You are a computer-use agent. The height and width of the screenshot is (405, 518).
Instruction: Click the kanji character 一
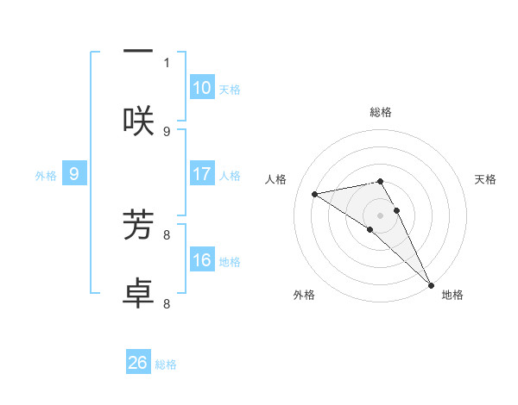(x=138, y=52)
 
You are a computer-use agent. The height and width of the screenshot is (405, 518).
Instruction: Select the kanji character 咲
(x=138, y=120)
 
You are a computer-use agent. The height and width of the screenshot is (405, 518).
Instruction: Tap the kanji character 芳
(x=138, y=223)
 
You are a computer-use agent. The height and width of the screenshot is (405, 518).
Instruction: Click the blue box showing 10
(x=202, y=88)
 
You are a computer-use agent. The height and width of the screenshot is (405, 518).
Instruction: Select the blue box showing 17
(x=202, y=174)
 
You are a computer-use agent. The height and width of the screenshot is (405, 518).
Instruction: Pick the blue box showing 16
(x=202, y=260)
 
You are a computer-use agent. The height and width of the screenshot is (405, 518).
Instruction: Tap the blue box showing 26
(x=138, y=363)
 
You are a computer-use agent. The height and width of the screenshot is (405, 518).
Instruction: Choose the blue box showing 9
(x=74, y=174)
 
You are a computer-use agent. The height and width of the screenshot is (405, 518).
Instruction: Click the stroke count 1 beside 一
(x=167, y=62)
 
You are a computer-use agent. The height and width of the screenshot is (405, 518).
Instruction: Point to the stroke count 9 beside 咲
(x=167, y=131)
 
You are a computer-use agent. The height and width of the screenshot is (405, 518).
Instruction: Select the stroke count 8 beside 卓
(x=167, y=303)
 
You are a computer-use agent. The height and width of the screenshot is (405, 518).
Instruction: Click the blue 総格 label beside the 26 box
(x=167, y=364)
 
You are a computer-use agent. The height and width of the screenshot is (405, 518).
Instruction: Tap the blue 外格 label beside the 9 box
(x=46, y=176)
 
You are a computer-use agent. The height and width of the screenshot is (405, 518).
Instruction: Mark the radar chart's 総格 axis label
(x=381, y=112)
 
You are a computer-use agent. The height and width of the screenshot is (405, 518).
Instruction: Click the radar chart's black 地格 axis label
(x=452, y=296)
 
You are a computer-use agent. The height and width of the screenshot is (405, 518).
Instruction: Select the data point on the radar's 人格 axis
(x=315, y=194)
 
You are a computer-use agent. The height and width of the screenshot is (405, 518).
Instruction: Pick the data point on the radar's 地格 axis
(x=431, y=284)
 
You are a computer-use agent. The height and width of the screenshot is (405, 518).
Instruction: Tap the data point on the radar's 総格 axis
(x=381, y=181)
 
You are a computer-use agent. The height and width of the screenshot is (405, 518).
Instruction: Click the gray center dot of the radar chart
(x=381, y=215)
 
